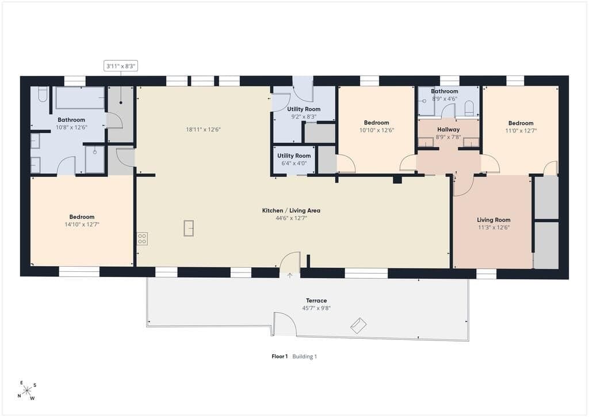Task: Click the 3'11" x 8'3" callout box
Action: pyautogui.click(x=121, y=66)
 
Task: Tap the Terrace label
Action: pyautogui.click(x=316, y=301)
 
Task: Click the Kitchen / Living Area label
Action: pyautogui.click(x=291, y=211)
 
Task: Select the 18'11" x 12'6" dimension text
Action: pyautogui.click(x=203, y=130)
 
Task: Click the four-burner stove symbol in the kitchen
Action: pyautogui.click(x=143, y=239)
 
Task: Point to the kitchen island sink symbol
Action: pyautogui.click(x=189, y=228)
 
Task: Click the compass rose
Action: pyautogui.click(x=26, y=391)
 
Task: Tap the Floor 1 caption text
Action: pyautogui.click(x=280, y=357)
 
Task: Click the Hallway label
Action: pyautogui.click(x=448, y=130)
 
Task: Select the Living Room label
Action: pyautogui.click(x=494, y=220)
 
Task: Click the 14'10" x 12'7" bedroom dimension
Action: pyautogui.click(x=82, y=225)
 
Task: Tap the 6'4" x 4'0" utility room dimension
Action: pyautogui.click(x=294, y=163)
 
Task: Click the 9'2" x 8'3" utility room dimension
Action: pyautogui.click(x=304, y=116)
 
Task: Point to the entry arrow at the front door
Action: pyautogui.click(x=290, y=276)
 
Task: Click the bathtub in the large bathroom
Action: pyautogui.click(x=80, y=98)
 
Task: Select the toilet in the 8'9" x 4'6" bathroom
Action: pyautogui.click(x=469, y=108)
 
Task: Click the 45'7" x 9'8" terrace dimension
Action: pyautogui.click(x=316, y=308)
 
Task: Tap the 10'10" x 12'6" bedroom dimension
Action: pyautogui.click(x=376, y=130)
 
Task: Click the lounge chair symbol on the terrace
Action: pyautogui.click(x=358, y=325)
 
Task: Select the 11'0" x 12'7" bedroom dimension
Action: pyautogui.click(x=521, y=131)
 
